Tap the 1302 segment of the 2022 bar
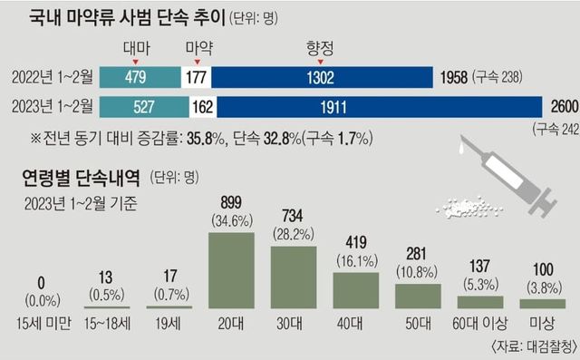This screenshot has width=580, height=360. [322, 77]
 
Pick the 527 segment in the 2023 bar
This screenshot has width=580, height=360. [143, 106]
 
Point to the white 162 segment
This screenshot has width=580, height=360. [204, 106]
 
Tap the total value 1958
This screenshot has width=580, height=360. [453, 77]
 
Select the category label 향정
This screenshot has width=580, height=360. [322, 46]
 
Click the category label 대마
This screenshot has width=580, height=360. [135, 46]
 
